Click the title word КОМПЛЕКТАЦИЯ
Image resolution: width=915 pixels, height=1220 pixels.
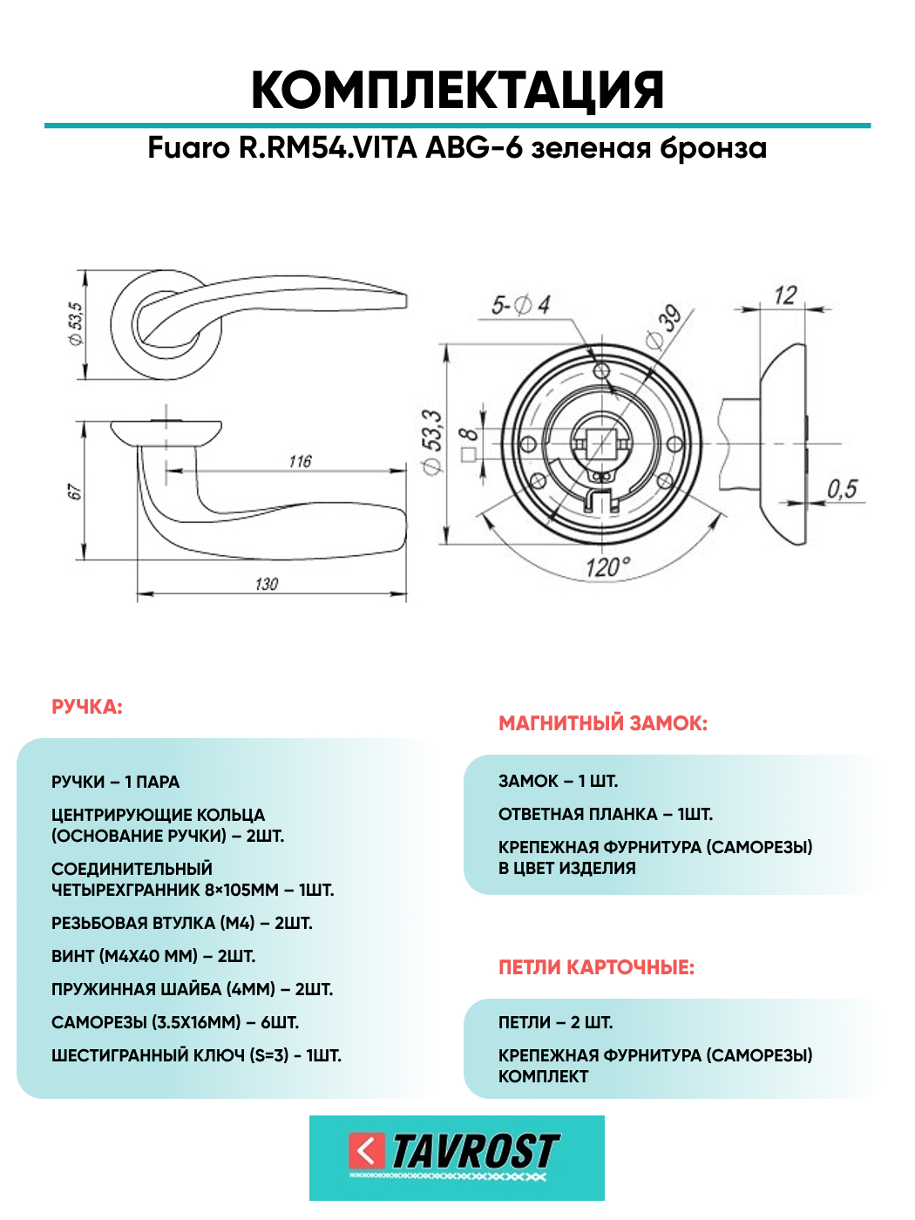coord(457,90)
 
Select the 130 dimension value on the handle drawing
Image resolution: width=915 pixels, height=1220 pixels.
coord(267,584)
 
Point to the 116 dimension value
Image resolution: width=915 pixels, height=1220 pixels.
coord(300,461)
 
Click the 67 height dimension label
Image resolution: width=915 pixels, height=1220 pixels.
coord(75,492)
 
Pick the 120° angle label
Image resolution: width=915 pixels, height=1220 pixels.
coord(607,567)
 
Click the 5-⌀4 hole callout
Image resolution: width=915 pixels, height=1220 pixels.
coord(520,305)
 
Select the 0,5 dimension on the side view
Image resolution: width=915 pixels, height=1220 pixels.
coord(843,489)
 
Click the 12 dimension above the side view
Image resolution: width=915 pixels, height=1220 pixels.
coord(785,295)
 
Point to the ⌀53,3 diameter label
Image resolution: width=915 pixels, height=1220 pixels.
coord(431,443)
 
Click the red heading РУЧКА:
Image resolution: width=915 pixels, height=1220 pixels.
coord(87,707)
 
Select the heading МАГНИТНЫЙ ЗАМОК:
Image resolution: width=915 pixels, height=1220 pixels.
coord(603,723)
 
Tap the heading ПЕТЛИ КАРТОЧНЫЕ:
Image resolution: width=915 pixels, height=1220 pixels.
coord(596,967)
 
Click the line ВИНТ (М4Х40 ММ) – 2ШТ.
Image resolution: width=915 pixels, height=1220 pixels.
coord(153,956)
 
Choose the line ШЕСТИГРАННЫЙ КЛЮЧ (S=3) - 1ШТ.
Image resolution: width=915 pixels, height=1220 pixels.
coord(196,1055)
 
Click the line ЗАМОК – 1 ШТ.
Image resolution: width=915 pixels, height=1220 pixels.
coord(558,781)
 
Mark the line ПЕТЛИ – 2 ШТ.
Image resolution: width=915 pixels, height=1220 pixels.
coord(555,1022)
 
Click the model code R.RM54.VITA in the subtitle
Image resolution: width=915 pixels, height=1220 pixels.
coord(329,148)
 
